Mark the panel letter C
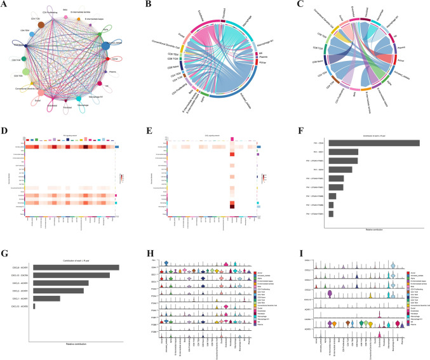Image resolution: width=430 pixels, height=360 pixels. click(292, 5)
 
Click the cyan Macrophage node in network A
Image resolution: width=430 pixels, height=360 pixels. click(78, 99)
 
